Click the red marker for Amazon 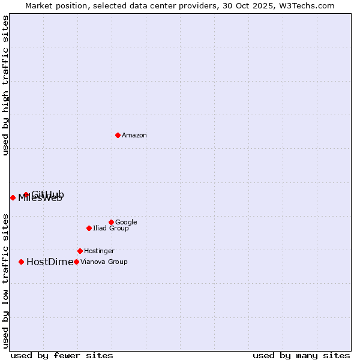coord(118,135)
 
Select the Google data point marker coord(111,222)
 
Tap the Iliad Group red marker coord(89,228)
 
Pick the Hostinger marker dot coord(80,251)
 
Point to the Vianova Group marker coord(76,262)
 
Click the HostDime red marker coord(22,262)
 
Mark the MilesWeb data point coord(13,197)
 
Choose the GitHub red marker coord(26,194)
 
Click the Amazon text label coord(134,136)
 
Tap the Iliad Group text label coord(111,229)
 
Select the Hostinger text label coord(99,251)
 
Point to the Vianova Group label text coord(104,262)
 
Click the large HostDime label coord(50,262)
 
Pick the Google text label coord(126,223)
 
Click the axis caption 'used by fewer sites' coord(62,355)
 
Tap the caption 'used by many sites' coord(301,355)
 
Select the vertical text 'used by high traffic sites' coord(6,85)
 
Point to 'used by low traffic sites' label coord(6,280)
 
